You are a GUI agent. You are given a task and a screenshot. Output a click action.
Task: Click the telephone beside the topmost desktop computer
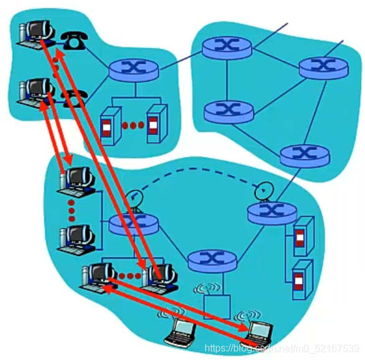coord(74,40)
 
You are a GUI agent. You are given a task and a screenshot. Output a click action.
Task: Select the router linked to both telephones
coord(134,70)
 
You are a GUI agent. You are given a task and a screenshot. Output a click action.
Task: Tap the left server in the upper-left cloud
coord(111,126)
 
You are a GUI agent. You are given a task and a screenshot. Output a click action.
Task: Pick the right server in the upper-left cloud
coord(157,123)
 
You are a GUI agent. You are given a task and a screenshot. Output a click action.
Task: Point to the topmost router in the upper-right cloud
coord(227,47)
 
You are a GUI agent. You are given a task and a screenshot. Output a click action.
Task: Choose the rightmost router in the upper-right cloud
coord(323,68)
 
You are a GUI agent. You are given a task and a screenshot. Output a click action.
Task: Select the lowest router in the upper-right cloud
coord(305,156)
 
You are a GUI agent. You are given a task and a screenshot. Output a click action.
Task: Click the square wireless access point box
coord(217,307)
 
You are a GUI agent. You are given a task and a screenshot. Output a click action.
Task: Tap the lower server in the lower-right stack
coord(302,280)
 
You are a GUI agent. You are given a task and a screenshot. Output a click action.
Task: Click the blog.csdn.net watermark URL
coord(282,348)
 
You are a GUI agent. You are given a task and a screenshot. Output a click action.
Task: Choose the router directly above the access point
coord(212,261)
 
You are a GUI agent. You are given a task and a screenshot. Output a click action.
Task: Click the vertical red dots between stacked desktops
coord(72,211)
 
